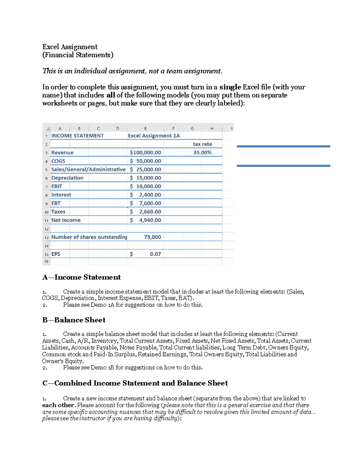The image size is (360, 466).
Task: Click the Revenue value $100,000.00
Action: (x=145, y=152)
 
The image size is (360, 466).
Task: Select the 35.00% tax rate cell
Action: (x=202, y=152)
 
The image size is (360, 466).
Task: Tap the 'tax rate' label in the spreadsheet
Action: (x=202, y=144)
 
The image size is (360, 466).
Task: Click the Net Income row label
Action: (x=66, y=220)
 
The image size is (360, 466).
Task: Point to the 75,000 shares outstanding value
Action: (x=152, y=237)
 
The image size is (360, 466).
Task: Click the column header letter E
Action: (x=145, y=128)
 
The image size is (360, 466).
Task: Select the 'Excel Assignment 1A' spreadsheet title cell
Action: (x=154, y=136)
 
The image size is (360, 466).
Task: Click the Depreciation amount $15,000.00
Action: (x=145, y=178)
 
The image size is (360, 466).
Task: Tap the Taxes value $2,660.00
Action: (x=145, y=212)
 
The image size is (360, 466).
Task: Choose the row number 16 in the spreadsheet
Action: (x=46, y=261)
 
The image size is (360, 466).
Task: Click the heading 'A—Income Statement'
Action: (x=81, y=277)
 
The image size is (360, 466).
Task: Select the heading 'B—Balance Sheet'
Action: (x=74, y=320)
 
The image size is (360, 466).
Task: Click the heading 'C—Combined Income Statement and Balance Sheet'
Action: (x=135, y=383)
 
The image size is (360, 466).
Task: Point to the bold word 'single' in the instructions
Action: (x=230, y=87)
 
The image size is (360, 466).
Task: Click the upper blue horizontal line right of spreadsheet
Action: (x=283, y=146)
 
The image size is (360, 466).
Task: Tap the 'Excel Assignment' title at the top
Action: (x=70, y=47)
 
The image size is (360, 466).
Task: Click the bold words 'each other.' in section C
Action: (x=59, y=405)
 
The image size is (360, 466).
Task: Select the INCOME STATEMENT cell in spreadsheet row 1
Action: (x=77, y=136)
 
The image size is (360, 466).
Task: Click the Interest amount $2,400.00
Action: (x=145, y=195)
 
